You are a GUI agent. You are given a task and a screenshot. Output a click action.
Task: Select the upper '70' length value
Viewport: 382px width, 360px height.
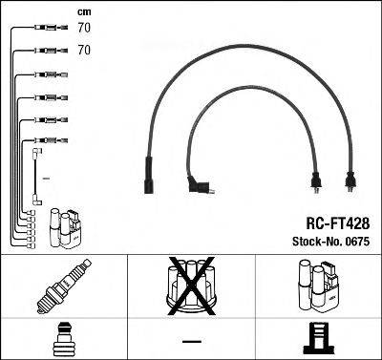click(x=84, y=29)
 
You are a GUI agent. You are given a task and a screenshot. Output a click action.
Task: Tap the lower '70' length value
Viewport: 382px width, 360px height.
click(x=84, y=48)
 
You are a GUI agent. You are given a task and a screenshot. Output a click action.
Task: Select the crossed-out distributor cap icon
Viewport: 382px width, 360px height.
click(x=190, y=286)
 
